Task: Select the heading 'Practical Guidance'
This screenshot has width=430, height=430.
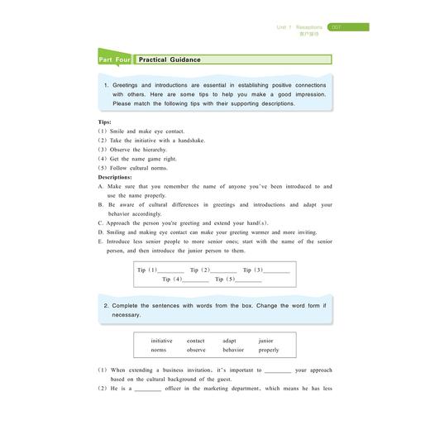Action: pyautogui.click(x=170, y=60)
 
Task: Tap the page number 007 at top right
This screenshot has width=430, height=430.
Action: pyautogui.click(x=337, y=27)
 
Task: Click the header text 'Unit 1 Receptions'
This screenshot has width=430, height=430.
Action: pyautogui.click(x=300, y=27)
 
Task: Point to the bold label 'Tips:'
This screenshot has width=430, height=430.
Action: pyautogui.click(x=105, y=122)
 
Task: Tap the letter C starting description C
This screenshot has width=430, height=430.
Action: pyautogui.click(x=100, y=222)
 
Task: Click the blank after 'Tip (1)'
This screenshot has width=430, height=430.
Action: pyautogui.click(x=171, y=271)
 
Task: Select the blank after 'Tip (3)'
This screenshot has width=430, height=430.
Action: pyautogui.click(x=277, y=271)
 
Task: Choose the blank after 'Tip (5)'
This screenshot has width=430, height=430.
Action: pyautogui.click(x=249, y=280)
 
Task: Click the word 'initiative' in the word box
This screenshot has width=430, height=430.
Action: pyautogui.click(x=161, y=341)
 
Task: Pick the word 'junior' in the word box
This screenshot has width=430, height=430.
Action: pyautogui.click(x=265, y=341)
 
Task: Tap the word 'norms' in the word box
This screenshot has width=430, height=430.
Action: pyautogui.click(x=158, y=350)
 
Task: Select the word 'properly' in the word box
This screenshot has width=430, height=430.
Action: pyautogui.click(x=269, y=350)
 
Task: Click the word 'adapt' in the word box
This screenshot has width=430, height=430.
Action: pyautogui.click(x=229, y=341)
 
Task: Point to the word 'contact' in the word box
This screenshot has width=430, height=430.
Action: pyautogui.click(x=196, y=341)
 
